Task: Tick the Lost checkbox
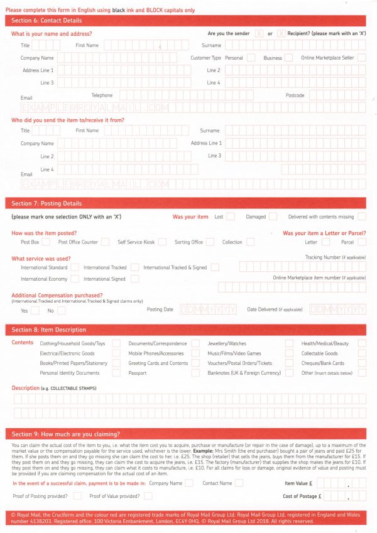231,217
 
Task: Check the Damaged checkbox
273,217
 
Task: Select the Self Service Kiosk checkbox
162,242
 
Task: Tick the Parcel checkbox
361,242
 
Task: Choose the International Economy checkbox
75,279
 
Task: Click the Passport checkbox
195,373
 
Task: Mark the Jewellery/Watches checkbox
289,343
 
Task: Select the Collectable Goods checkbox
362,353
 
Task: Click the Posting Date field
208,310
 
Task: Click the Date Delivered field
337,310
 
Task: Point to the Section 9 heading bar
188,434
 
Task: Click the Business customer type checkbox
288,58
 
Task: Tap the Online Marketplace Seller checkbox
361,58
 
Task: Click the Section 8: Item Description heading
49,330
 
